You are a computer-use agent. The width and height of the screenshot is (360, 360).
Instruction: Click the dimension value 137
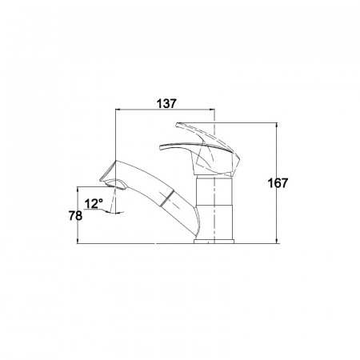point(166,103)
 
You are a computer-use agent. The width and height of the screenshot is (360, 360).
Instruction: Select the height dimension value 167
point(278,183)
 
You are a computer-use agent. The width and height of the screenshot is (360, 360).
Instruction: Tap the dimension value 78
point(75,215)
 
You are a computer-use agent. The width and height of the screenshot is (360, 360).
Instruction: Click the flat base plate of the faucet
point(214,242)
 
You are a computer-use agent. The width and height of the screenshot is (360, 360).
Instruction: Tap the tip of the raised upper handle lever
point(177,124)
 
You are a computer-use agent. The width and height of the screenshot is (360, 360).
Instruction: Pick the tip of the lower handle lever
point(161,147)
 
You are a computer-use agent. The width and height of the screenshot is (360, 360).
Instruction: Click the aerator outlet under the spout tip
point(115,184)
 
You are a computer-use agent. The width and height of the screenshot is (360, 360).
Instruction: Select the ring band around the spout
point(168,197)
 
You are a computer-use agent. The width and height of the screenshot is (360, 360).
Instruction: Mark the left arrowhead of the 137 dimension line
point(117,109)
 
